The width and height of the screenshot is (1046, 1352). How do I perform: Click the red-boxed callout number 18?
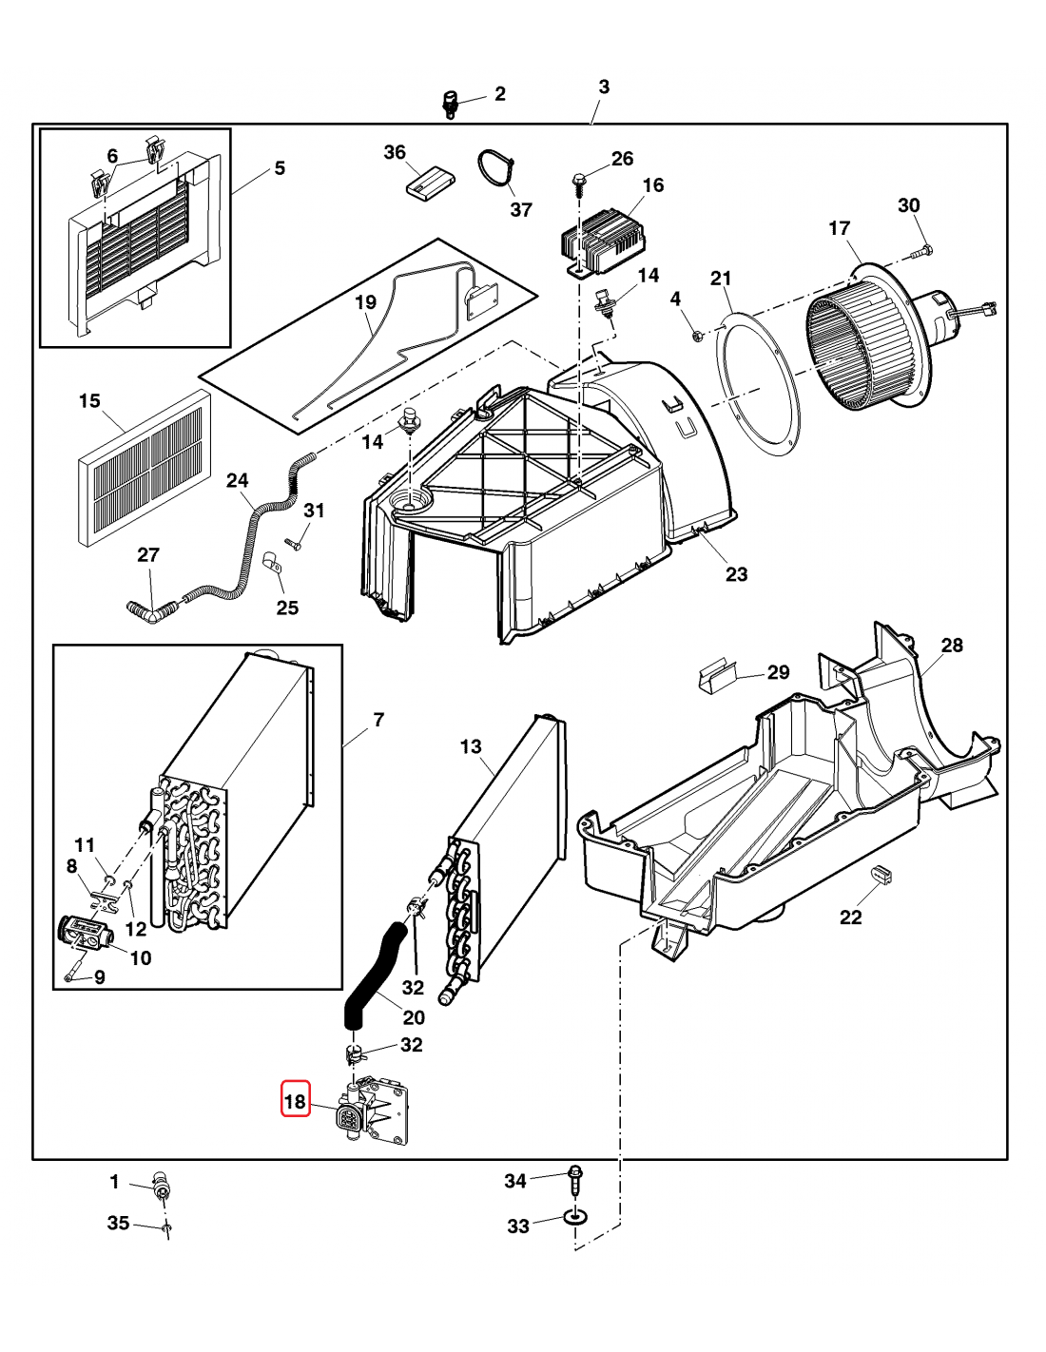[295, 1101]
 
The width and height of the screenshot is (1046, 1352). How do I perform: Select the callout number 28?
[952, 646]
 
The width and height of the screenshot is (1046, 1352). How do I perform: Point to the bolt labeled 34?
[574, 1180]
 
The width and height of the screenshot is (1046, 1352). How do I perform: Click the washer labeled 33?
[575, 1216]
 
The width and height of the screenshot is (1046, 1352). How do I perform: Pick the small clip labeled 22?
[880, 874]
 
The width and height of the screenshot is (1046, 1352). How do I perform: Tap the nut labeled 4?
[697, 334]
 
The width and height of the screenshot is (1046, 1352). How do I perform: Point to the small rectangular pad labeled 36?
[429, 183]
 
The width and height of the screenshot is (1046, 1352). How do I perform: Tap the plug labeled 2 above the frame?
[451, 102]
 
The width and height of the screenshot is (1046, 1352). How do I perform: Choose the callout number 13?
[471, 747]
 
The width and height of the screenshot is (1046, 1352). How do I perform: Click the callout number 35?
[118, 1223]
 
